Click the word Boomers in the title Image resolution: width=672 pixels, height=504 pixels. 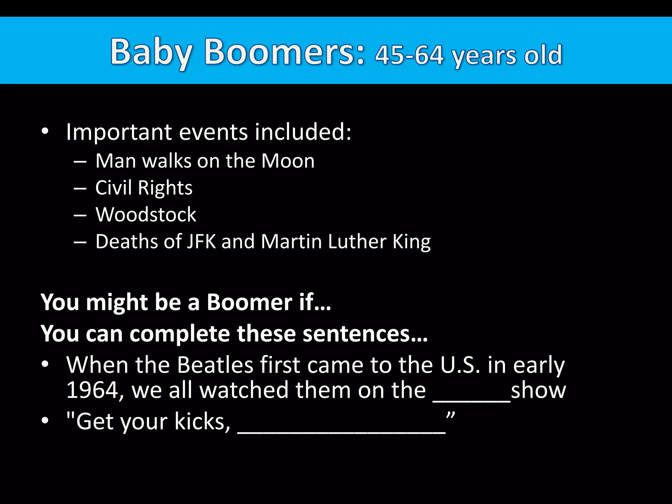(284, 52)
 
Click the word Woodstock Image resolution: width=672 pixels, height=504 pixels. (146, 215)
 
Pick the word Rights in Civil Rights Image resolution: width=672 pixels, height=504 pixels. (165, 188)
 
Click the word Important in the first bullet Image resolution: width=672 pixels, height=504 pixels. (119, 132)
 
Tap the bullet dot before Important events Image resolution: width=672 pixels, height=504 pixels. (45, 132)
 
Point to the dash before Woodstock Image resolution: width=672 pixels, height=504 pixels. (80, 215)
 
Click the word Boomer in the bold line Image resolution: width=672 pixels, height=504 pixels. (249, 302)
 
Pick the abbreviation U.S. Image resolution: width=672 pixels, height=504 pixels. (461, 365)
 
